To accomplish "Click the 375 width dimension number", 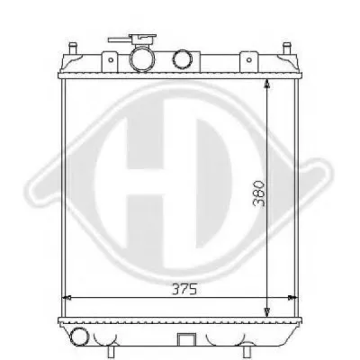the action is tap(184, 289).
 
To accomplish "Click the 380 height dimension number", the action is tap(259, 193).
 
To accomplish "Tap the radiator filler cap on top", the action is tap(143, 40).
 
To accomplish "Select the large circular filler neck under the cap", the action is tap(142, 59).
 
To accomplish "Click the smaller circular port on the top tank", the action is tap(182, 59).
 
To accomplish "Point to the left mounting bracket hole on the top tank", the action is tap(111, 60).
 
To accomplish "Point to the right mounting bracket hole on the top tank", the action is tap(248, 60).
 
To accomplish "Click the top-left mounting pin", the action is tap(72, 48).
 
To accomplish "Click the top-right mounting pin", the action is tap(287, 48).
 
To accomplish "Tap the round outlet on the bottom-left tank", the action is tap(79, 336).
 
